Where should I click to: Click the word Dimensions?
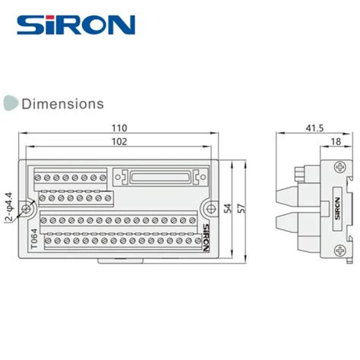[62, 103]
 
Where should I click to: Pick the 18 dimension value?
[334, 141]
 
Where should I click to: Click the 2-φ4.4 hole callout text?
[8, 207]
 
